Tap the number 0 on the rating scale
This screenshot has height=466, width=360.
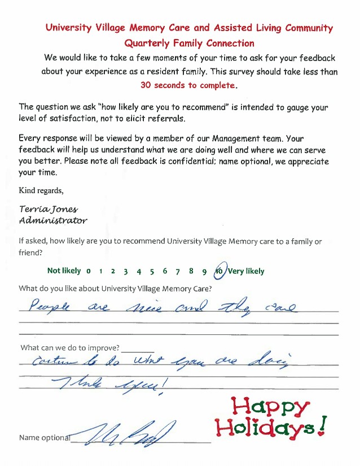point(89,271)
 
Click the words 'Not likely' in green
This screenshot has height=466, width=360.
point(64,271)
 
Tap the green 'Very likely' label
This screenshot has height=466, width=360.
point(247,271)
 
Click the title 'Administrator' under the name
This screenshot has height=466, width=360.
point(53,220)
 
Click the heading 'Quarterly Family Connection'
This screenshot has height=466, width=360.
point(189,43)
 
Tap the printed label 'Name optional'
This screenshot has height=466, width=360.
point(45,438)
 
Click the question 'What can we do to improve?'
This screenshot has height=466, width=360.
point(70,347)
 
